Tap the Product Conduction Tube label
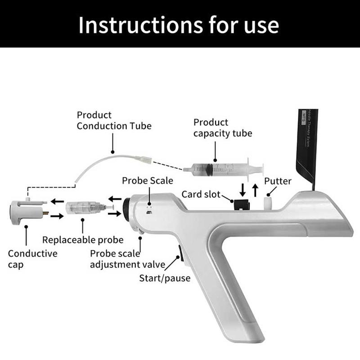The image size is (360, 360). coord(114,121)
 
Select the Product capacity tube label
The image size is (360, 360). coord(223,128)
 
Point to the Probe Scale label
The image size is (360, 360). coord(148,180)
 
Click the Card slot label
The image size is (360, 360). coord(201,194)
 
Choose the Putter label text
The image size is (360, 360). coord(278,181)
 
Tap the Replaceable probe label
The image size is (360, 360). coord(83,240)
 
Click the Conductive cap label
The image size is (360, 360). coord(33,259)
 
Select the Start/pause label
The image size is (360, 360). coord(165,278)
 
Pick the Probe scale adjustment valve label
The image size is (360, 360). coord(127,259)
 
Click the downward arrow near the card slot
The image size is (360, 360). coord(243,189)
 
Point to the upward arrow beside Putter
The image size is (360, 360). coord(255,189)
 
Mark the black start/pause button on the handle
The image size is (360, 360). coord(180,253)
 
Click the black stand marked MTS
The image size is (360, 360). coord(307,144)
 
